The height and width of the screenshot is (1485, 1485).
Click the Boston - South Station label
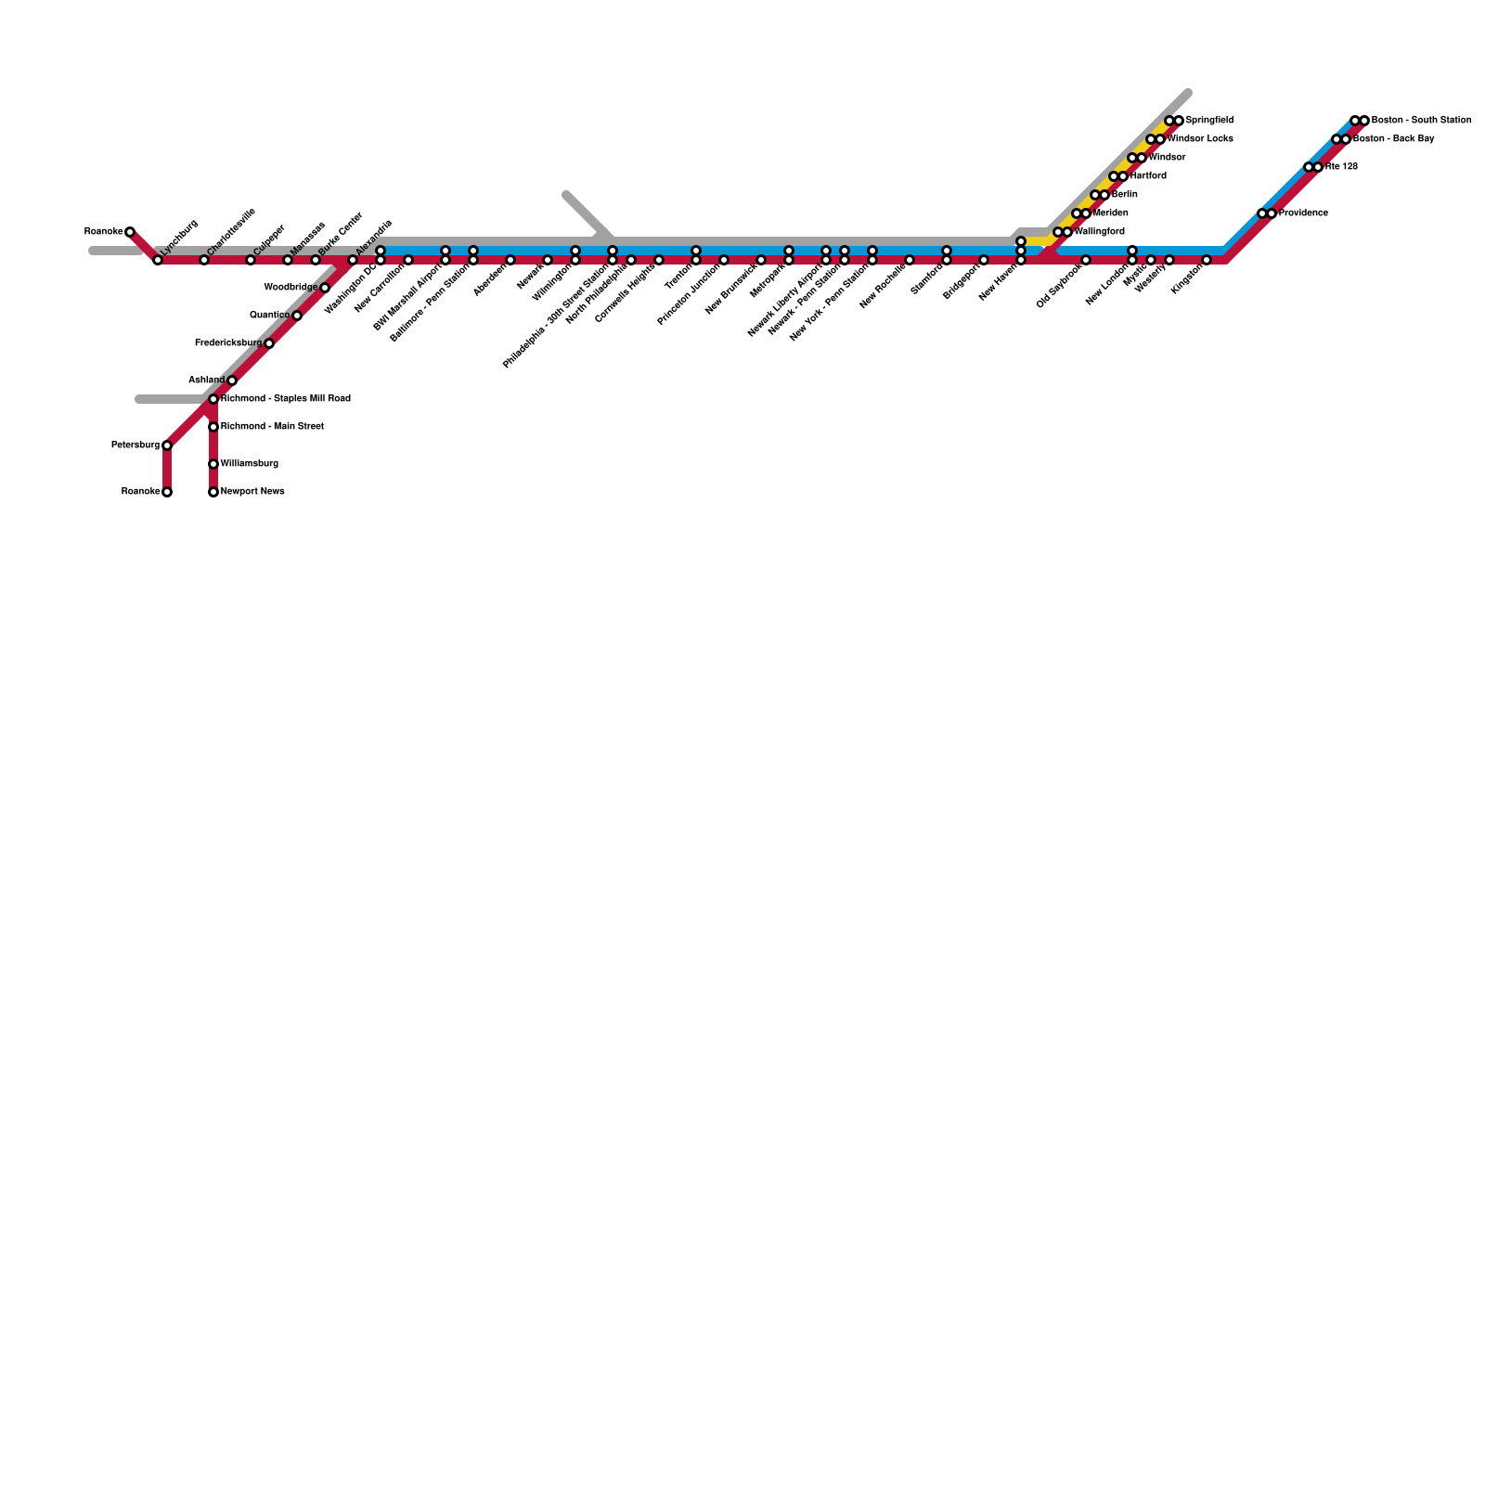click(x=1421, y=121)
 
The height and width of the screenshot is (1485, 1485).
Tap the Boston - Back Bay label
click(x=1393, y=139)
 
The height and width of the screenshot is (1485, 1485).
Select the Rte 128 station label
click(x=1341, y=167)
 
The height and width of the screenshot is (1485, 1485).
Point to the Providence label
click(x=1303, y=213)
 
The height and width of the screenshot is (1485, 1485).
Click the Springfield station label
click(x=1209, y=121)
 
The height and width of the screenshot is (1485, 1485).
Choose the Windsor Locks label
click(x=1200, y=139)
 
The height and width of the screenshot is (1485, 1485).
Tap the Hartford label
click(x=1148, y=176)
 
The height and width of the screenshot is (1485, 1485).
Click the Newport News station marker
click(x=213, y=492)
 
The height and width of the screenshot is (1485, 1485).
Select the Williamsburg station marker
click(x=213, y=464)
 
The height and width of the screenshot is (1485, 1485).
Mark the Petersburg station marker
click(x=167, y=445)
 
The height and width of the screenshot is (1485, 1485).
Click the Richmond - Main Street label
click(x=272, y=427)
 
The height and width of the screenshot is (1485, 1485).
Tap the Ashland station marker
click(x=232, y=381)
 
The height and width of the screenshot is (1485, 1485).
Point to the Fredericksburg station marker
click(x=269, y=343)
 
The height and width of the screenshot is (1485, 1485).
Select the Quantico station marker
click(x=297, y=316)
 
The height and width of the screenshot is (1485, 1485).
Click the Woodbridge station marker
click(x=325, y=288)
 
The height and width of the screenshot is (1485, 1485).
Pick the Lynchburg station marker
click(x=158, y=260)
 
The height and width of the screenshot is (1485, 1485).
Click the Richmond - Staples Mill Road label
click(x=285, y=399)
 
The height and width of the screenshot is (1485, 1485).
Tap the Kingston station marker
click(x=1207, y=260)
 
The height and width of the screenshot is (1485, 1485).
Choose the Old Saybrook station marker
click(x=1086, y=260)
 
